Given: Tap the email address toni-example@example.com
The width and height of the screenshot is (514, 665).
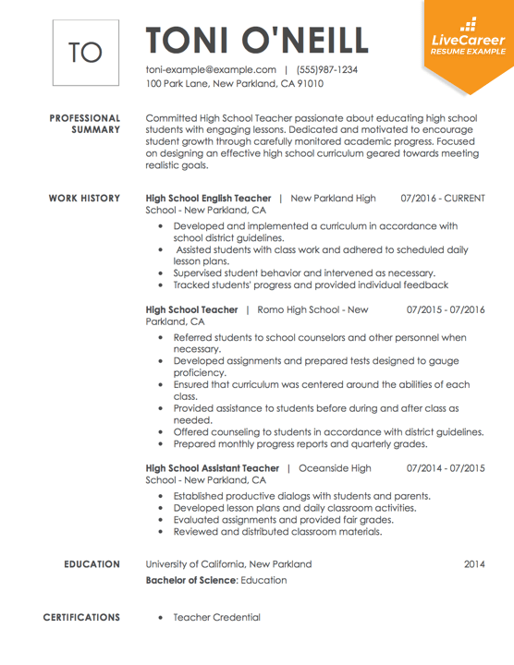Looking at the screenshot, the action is click(x=212, y=69).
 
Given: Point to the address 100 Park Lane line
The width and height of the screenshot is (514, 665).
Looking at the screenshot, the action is click(x=235, y=83).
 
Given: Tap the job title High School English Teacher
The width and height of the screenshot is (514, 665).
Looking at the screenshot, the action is click(x=208, y=199).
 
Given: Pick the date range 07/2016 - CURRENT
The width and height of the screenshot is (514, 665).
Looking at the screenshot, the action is click(x=443, y=199).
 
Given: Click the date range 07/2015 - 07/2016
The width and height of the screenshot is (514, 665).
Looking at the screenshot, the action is click(x=446, y=308).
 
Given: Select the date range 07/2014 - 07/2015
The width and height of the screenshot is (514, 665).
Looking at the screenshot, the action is click(x=446, y=468).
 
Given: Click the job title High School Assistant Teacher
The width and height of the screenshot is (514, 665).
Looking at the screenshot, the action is click(x=213, y=468).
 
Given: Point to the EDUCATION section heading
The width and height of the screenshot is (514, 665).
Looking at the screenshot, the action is click(x=91, y=563).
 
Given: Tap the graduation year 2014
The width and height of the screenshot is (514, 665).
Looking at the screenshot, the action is click(x=474, y=563).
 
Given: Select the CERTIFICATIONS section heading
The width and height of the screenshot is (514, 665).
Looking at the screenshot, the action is click(x=81, y=617).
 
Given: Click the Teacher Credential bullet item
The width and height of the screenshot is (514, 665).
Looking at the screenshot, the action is click(x=216, y=617).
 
